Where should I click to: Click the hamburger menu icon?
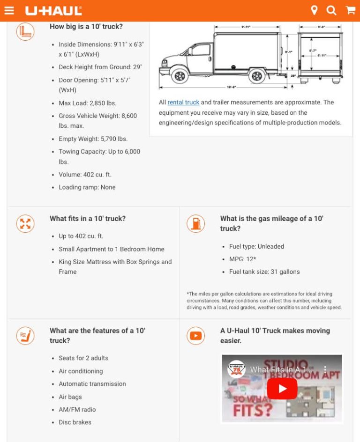pyautogui.click(x=9, y=10)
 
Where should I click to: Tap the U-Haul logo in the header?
pyautogui.click(x=53, y=10)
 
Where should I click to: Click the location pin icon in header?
pyautogui.click(x=314, y=10)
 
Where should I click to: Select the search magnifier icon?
pyautogui.click(x=331, y=10)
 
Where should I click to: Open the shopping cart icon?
pyautogui.click(x=350, y=10)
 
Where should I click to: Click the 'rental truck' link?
pyautogui.click(x=183, y=102)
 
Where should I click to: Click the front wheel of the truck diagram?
pyautogui.click(x=179, y=75)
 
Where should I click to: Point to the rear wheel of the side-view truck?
pyautogui.click(x=256, y=75)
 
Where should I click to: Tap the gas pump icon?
pyautogui.click(x=195, y=223)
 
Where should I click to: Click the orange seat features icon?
pyautogui.click(x=25, y=335)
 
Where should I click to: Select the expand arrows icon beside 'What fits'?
pyautogui.click(x=25, y=223)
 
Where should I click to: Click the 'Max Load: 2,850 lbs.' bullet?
pyautogui.click(x=87, y=103)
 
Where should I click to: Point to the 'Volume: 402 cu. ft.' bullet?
pyautogui.click(x=85, y=175)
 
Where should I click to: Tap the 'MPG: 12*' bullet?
pyautogui.click(x=242, y=259)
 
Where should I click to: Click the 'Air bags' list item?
pyautogui.click(x=70, y=397)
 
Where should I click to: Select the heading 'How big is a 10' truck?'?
pyautogui.click(x=86, y=27)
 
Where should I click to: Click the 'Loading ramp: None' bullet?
pyautogui.click(x=87, y=187)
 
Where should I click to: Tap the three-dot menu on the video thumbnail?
pyautogui.click(x=325, y=369)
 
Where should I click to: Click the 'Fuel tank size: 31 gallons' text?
pyautogui.click(x=264, y=272)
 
